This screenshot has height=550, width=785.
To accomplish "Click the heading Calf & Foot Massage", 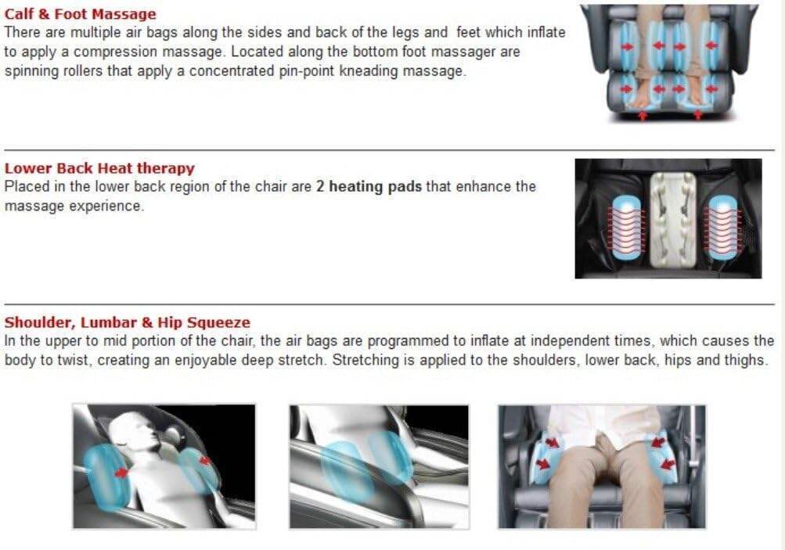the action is [x=80, y=14].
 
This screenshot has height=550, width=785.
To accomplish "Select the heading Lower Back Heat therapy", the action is [x=99, y=168].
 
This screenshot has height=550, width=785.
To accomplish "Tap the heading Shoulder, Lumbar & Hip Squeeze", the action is [x=127, y=322].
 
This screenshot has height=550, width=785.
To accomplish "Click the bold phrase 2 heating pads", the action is [x=369, y=187].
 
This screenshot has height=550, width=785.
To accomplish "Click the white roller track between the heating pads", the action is [x=672, y=219].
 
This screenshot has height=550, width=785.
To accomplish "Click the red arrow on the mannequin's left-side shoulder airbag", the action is [x=121, y=472].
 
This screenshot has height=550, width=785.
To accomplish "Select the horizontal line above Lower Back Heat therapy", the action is [x=390, y=149].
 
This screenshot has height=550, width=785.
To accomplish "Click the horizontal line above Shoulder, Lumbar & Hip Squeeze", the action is [x=390, y=304].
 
